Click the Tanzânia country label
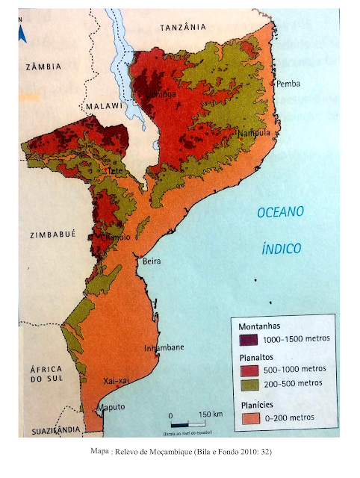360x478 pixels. (184, 27)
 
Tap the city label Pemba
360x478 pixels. (288, 84)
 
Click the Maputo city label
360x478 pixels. (110, 408)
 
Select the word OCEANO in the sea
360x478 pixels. (281, 213)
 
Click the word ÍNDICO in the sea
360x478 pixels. (282, 248)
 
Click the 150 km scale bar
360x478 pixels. (190, 423)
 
